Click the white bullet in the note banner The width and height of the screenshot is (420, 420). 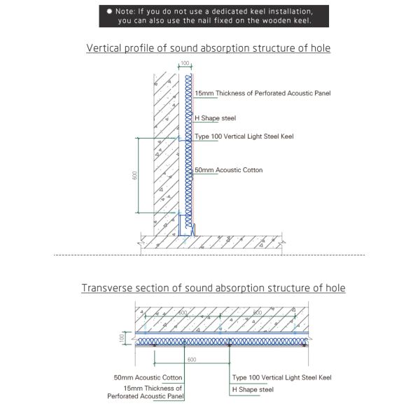click(x=110, y=12)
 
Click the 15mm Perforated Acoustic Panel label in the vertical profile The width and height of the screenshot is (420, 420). click(x=262, y=93)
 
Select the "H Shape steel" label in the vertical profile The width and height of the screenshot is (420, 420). click(x=215, y=118)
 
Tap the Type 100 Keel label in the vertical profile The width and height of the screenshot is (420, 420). click(x=244, y=136)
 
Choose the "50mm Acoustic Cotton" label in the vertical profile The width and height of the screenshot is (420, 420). click(x=228, y=170)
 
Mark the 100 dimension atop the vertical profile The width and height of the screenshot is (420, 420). click(x=185, y=63)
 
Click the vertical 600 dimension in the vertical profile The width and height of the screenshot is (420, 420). click(x=134, y=175)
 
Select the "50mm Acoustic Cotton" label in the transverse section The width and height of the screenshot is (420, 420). click(x=148, y=377)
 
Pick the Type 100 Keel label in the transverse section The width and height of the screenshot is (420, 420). click(x=281, y=377)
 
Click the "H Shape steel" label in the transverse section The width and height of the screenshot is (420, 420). click(x=253, y=389)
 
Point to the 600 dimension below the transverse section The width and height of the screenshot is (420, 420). click(x=192, y=360)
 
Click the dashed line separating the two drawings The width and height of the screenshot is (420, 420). click(x=210, y=255)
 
